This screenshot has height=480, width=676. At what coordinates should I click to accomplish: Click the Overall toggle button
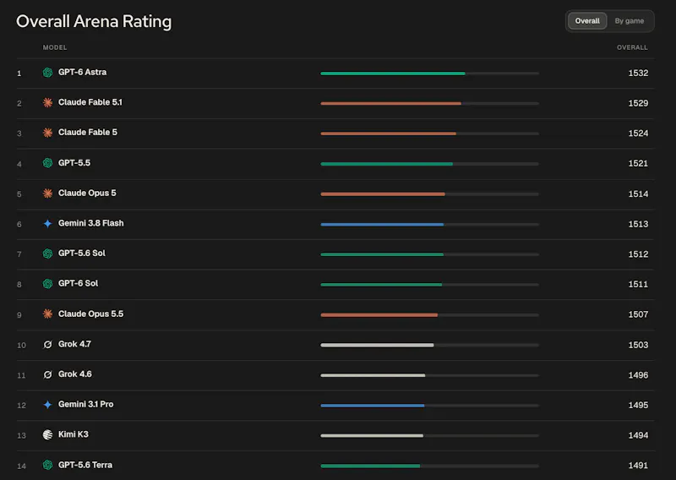(x=587, y=20)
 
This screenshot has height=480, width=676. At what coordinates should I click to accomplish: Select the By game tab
(x=629, y=20)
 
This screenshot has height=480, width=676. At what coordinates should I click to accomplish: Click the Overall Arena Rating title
(x=94, y=22)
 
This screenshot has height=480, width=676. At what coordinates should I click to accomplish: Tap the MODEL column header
(x=55, y=47)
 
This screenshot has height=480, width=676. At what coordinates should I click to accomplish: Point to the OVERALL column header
(x=632, y=47)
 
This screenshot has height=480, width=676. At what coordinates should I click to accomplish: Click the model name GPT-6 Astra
(x=82, y=72)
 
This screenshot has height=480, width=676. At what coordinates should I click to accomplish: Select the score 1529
(x=638, y=103)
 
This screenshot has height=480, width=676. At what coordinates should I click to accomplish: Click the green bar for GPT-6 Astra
(x=393, y=74)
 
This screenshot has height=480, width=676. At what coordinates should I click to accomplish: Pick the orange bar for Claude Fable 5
(x=388, y=134)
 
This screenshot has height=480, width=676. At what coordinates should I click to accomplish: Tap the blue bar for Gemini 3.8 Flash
(x=382, y=224)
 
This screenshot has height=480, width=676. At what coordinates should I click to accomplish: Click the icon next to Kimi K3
(x=47, y=434)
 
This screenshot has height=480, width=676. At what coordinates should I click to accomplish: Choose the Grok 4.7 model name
(x=74, y=344)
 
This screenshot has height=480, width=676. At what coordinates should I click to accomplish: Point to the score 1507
(x=638, y=314)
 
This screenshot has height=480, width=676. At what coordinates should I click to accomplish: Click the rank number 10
(x=22, y=345)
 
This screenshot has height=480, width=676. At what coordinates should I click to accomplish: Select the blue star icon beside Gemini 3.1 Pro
(x=47, y=405)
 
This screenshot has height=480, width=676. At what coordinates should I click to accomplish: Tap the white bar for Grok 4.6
(x=373, y=375)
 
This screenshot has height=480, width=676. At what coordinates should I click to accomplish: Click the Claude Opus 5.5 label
(x=91, y=314)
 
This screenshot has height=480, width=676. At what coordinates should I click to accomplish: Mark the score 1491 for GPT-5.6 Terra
(x=638, y=466)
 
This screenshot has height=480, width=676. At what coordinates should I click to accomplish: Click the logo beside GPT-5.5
(x=47, y=163)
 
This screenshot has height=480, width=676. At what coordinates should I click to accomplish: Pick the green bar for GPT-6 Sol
(x=381, y=285)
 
